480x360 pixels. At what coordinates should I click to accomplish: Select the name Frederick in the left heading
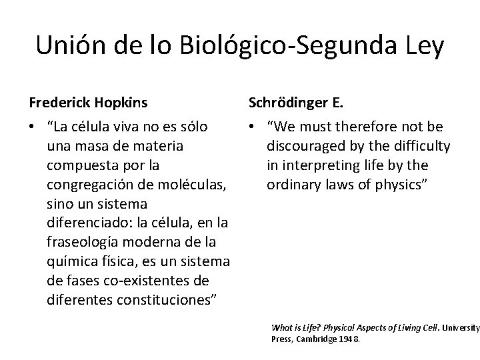[x=59, y=103]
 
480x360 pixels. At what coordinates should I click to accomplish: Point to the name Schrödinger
[x=288, y=103]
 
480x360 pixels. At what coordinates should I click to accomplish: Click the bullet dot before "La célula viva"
[x=33, y=127]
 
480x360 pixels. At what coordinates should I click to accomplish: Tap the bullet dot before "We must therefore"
[x=253, y=127]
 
